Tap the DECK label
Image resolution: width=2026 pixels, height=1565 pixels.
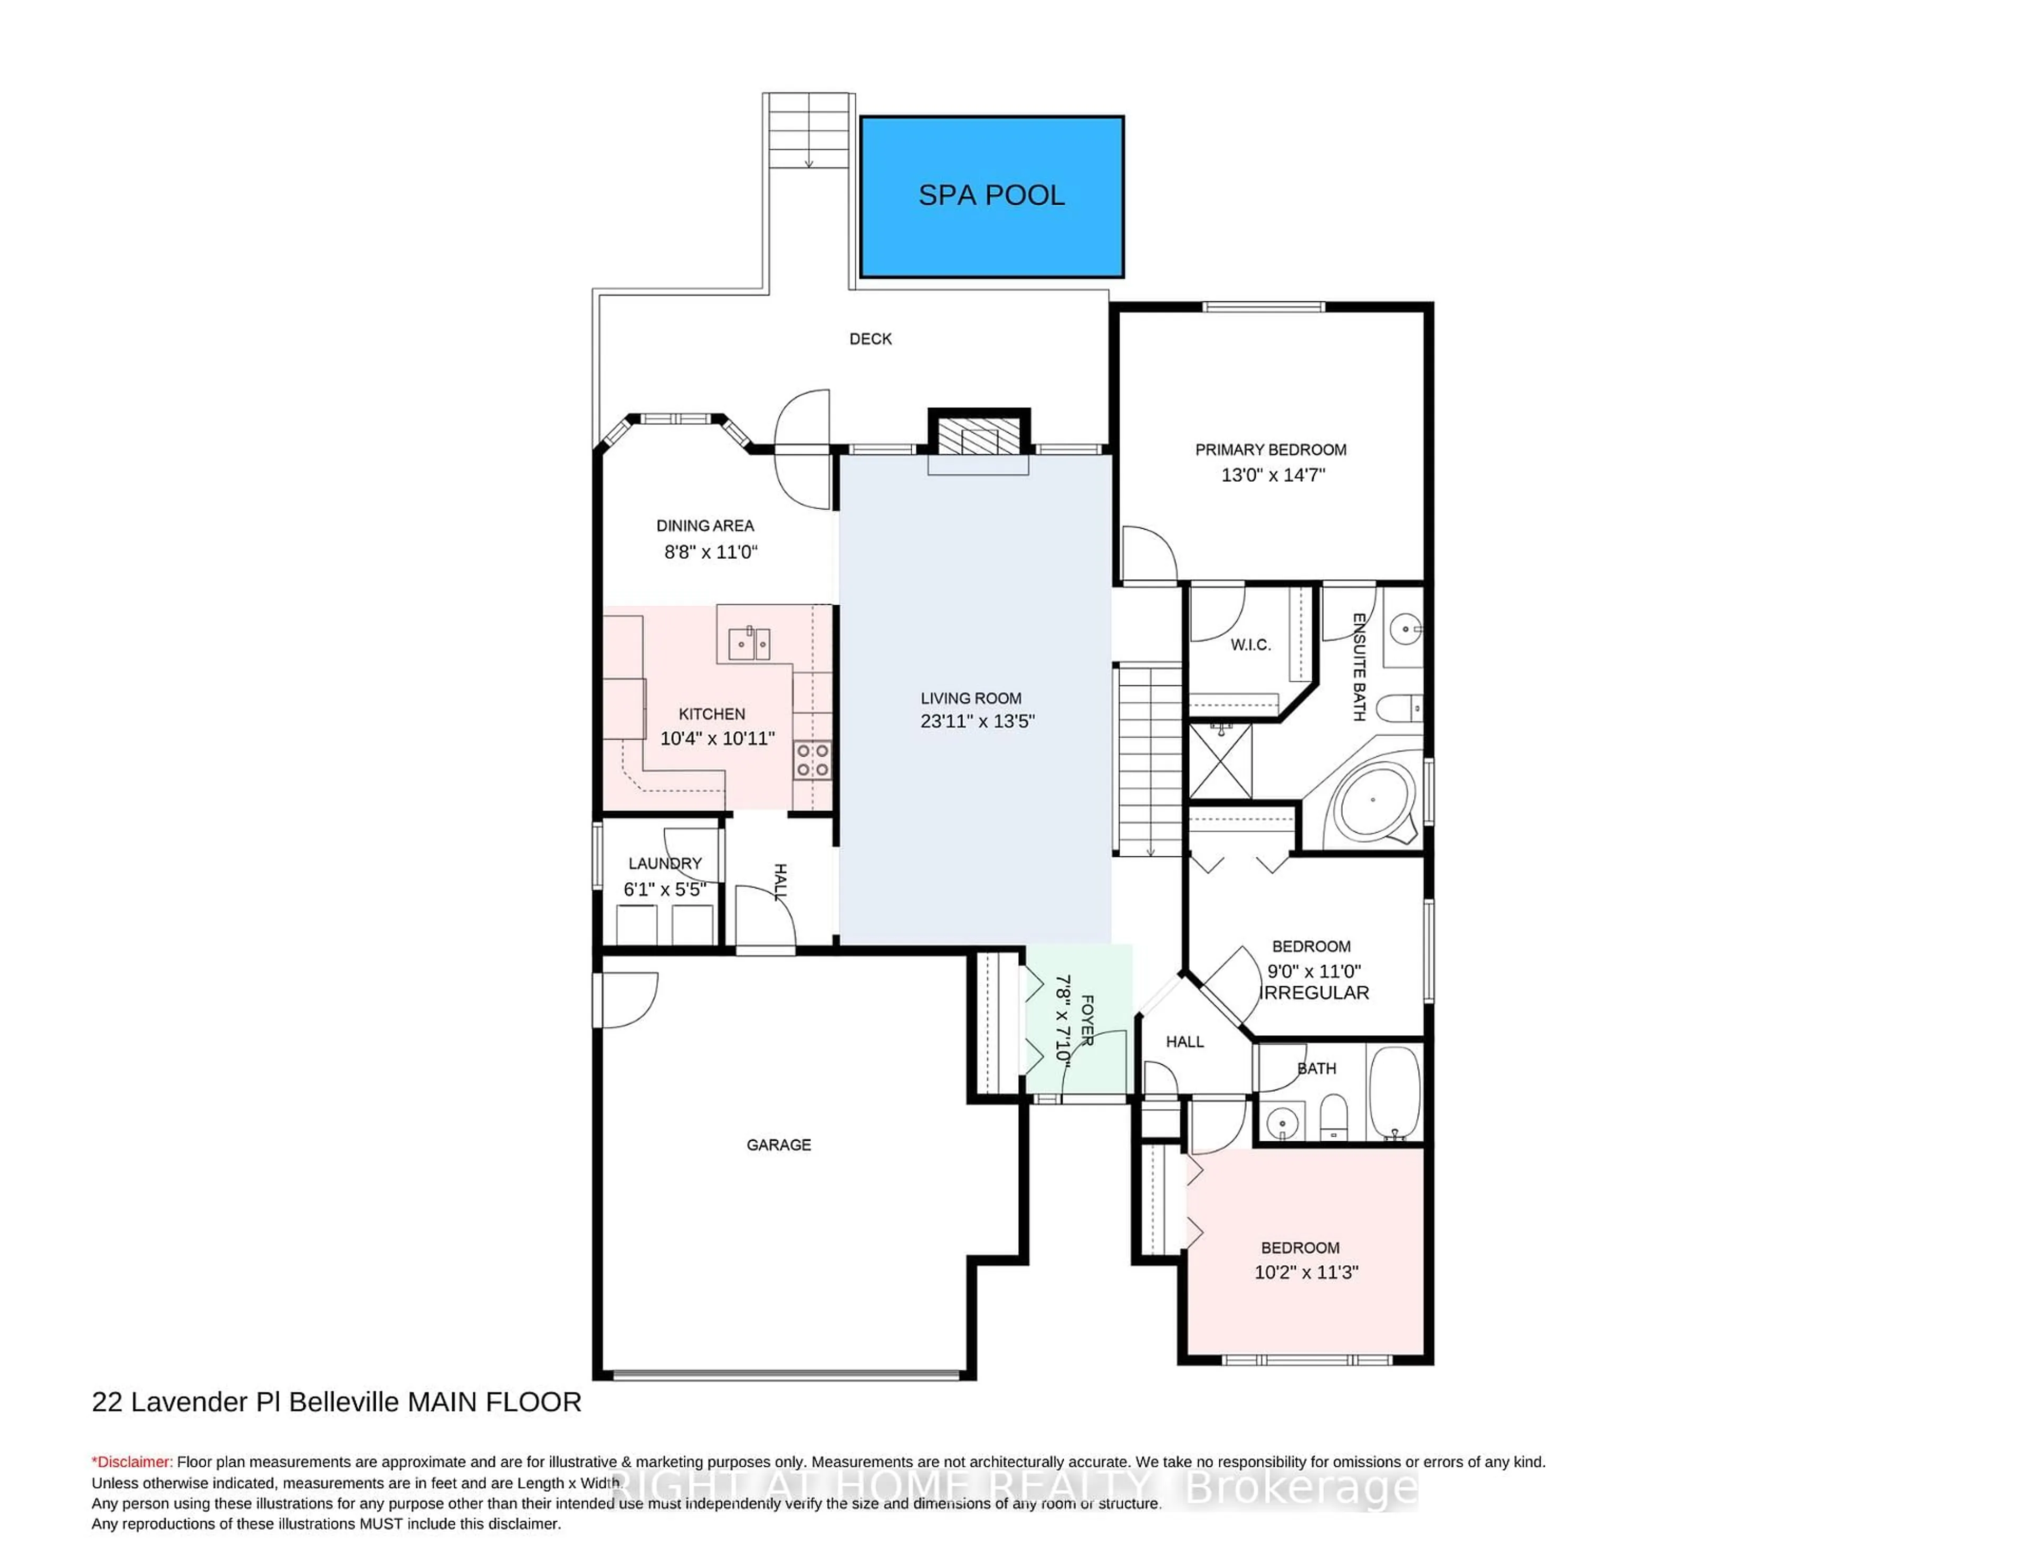[870, 339]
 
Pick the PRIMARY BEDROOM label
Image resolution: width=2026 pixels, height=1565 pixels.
[1270, 450]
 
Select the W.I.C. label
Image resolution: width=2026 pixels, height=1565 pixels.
[1250, 645]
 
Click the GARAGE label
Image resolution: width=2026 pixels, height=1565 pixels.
[778, 1145]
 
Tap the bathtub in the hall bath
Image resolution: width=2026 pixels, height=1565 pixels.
[1394, 1093]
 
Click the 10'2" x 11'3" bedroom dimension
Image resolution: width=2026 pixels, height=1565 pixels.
[1306, 1272]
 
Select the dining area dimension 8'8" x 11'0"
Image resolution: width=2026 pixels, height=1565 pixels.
[711, 552]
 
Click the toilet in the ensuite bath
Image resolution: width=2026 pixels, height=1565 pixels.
[1398, 710]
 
